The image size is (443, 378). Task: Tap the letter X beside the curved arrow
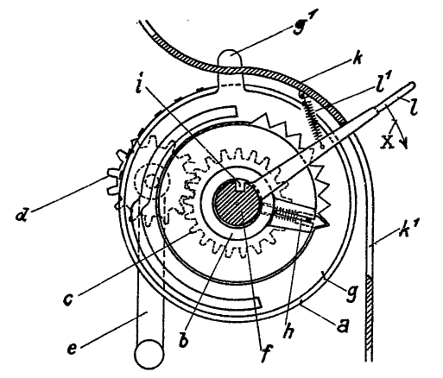[388, 142]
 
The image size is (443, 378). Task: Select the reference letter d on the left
[22, 214]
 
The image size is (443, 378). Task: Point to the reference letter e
[73, 349]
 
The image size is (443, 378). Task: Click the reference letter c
[68, 299]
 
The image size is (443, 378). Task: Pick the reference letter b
[184, 340]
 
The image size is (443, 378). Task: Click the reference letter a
[343, 326]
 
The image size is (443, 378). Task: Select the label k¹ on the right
[405, 229]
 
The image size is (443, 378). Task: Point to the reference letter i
[138, 85]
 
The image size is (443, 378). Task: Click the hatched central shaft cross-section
[236, 203]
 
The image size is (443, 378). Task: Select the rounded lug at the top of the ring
[231, 68]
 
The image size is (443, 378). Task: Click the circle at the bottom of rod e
[149, 354]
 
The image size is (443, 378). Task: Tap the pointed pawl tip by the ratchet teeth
[325, 222]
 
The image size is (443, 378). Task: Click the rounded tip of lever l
[412, 85]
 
